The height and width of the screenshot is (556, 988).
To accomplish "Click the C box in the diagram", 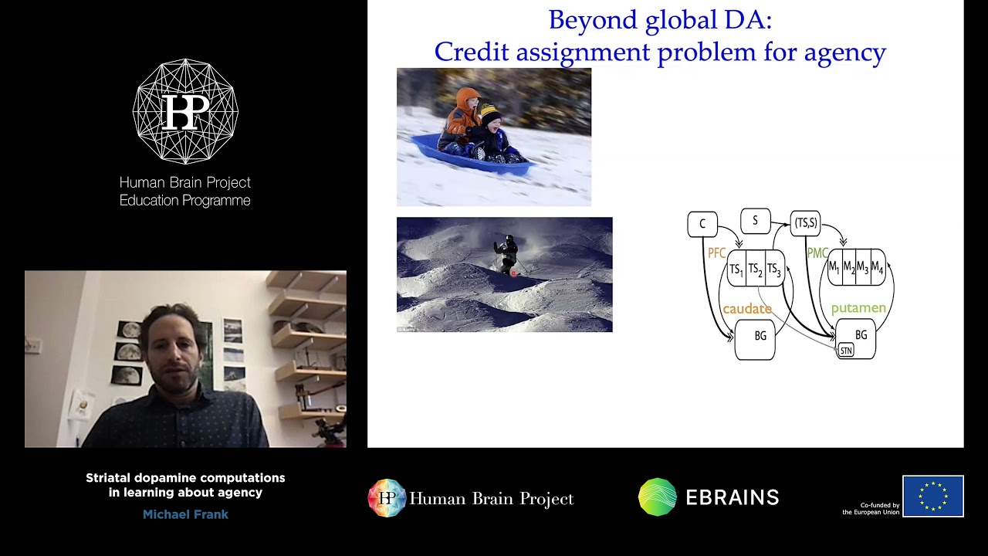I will [x=702, y=224].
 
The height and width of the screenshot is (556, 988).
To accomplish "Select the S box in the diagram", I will [x=755, y=221].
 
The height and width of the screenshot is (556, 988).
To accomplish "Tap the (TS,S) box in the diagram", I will [x=805, y=223].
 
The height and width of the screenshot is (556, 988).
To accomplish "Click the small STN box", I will [x=846, y=351].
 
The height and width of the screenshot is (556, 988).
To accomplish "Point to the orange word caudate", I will [x=746, y=309].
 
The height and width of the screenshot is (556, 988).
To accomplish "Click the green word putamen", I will [x=858, y=308].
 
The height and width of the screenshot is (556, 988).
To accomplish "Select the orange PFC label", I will [x=716, y=253].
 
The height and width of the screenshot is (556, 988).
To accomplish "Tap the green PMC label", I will [x=817, y=253].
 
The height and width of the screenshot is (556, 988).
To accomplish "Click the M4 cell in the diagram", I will [x=877, y=268].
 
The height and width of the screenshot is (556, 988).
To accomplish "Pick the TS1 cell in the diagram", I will [x=736, y=270].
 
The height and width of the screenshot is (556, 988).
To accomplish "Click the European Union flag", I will [x=932, y=496].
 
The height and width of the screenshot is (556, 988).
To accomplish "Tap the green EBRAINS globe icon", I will [x=658, y=497].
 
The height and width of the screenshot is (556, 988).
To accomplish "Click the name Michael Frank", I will [x=185, y=514].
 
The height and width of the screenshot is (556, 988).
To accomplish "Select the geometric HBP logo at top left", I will [x=185, y=111].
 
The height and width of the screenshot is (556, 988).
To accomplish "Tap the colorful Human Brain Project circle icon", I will [x=387, y=498].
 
